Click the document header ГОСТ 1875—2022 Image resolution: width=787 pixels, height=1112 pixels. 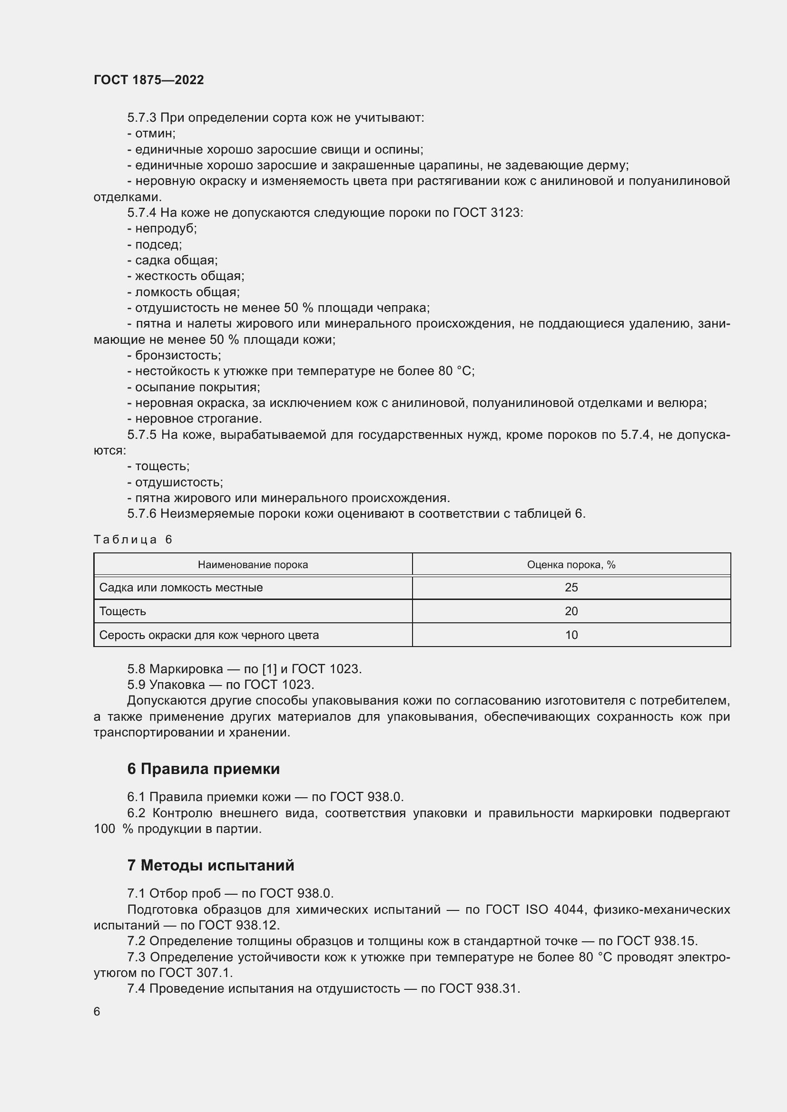(x=149, y=80)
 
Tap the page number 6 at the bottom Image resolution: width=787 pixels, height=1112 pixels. (x=97, y=1011)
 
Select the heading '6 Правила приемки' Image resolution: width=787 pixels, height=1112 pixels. (x=203, y=769)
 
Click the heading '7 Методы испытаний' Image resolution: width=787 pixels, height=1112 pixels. (x=210, y=865)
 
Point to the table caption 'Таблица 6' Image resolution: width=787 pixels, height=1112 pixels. (x=133, y=540)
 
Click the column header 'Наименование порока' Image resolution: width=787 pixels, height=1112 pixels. (x=253, y=565)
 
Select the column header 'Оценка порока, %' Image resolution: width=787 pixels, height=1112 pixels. (x=571, y=565)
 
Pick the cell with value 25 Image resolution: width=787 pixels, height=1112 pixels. (x=571, y=588)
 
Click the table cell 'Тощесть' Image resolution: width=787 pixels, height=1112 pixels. (x=123, y=611)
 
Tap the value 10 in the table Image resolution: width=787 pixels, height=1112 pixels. (x=571, y=635)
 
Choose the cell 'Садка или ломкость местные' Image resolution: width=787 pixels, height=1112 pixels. (x=181, y=588)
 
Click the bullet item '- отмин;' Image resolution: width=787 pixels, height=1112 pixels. (x=151, y=133)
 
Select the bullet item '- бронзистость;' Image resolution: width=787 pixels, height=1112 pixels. (x=174, y=355)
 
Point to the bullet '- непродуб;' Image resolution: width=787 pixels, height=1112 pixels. (x=162, y=228)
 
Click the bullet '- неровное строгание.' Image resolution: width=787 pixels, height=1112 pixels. (x=194, y=418)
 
